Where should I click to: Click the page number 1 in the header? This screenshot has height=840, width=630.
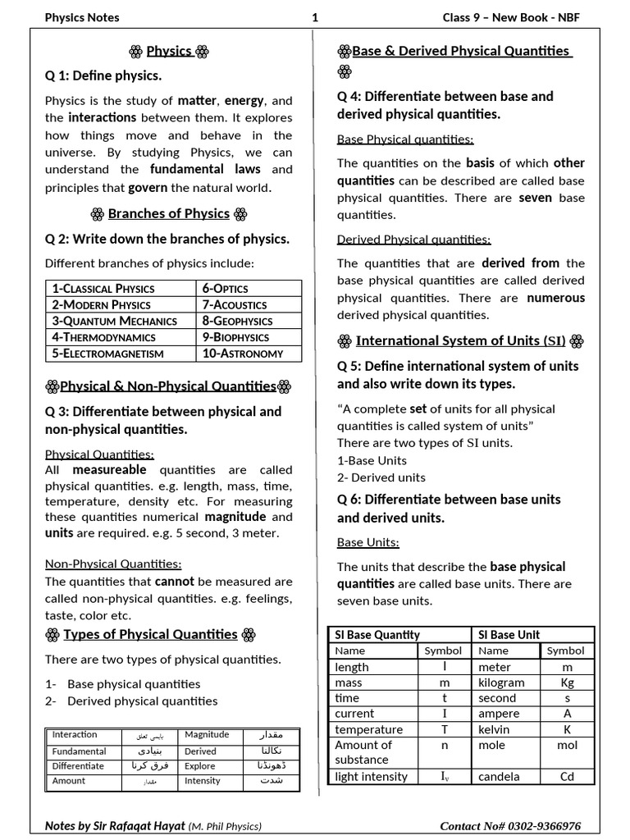click(315, 17)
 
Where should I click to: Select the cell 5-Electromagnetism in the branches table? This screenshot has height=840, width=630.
click(107, 354)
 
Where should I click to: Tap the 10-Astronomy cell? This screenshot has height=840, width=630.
click(242, 354)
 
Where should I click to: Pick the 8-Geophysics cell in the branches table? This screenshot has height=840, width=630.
click(237, 321)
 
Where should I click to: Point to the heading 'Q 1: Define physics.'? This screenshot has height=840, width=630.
click(103, 75)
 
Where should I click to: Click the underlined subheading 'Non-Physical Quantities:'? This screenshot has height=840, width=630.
click(113, 564)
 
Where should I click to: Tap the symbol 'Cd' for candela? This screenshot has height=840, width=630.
click(567, 776)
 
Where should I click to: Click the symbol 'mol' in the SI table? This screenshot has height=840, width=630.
click(567, 745)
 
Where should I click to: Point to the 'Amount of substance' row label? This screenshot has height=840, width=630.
click(363, 752)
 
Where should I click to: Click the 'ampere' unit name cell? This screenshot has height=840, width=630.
click(499, 714)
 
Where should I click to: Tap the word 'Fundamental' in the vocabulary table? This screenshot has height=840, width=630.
click(80, 751)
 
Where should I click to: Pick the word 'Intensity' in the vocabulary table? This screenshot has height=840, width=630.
click(203, 781)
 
